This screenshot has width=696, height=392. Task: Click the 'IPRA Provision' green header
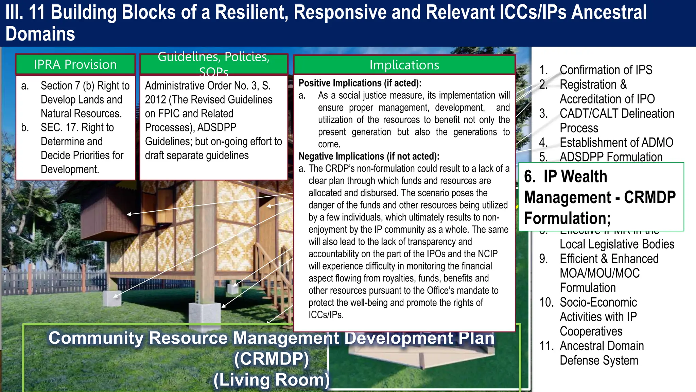75,64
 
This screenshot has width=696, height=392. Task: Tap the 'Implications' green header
404,65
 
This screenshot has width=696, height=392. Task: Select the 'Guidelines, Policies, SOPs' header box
213,64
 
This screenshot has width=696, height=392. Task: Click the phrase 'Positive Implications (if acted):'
360,83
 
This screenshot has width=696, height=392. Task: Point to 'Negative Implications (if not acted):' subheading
369,156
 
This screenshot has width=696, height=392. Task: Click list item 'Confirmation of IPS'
606,70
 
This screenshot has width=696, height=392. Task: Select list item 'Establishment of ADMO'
616,142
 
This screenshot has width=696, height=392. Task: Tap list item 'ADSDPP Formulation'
611,157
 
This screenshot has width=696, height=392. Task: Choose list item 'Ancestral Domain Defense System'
602,353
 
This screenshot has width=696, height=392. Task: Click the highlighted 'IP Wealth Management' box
601,197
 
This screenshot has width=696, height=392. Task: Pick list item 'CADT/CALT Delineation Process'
616,120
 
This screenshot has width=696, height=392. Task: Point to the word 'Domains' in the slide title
40,34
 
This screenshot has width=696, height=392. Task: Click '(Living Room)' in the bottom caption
272,380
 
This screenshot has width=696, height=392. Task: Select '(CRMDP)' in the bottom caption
272,359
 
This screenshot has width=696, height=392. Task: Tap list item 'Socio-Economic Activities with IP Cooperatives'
598,316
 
